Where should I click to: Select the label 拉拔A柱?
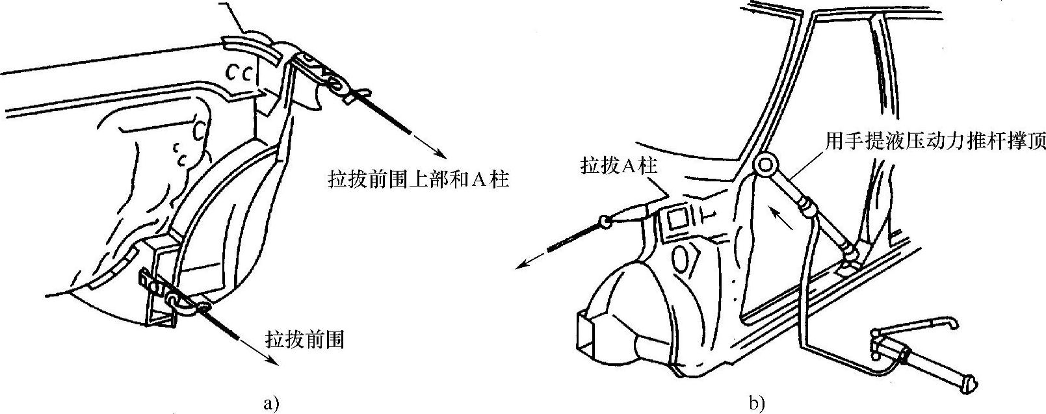point(620,166)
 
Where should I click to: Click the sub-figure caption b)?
point(757,403)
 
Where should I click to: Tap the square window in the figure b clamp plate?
point(673,220)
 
